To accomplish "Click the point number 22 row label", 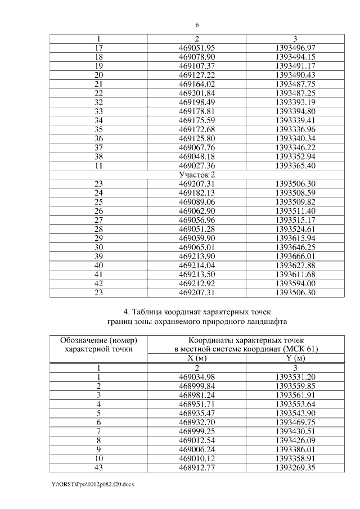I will click(x=98, y=93).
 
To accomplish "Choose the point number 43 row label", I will click(x=98, y=467).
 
